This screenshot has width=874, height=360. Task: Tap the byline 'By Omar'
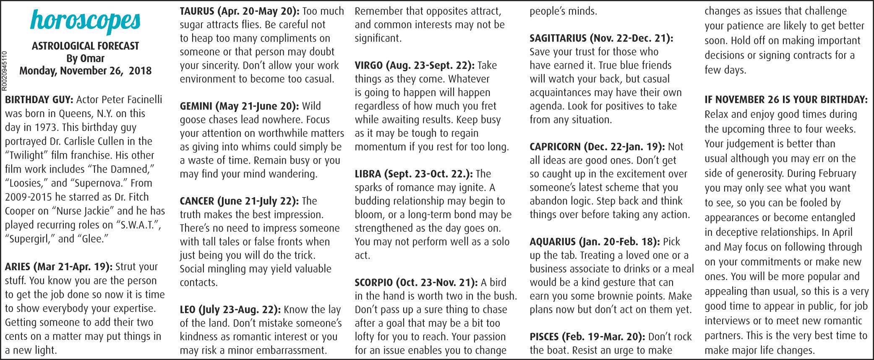point(85,58)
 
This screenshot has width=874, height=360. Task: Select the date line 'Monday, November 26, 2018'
point(85,70)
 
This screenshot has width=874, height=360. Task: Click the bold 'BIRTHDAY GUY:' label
point(39,100)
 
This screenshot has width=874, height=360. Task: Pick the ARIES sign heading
point(58,267)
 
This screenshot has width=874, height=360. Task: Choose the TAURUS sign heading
point(240,11)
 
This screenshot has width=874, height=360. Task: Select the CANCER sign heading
point(239,201)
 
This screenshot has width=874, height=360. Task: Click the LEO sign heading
point(230,310)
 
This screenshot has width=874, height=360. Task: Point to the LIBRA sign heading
point(414,174)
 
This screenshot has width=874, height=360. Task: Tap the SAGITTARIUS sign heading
point(601,39)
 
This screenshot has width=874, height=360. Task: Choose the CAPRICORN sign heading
point(597,147)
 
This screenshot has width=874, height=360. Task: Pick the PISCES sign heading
point(587,337)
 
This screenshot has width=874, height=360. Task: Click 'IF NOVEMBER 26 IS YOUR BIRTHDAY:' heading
point(786,100)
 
